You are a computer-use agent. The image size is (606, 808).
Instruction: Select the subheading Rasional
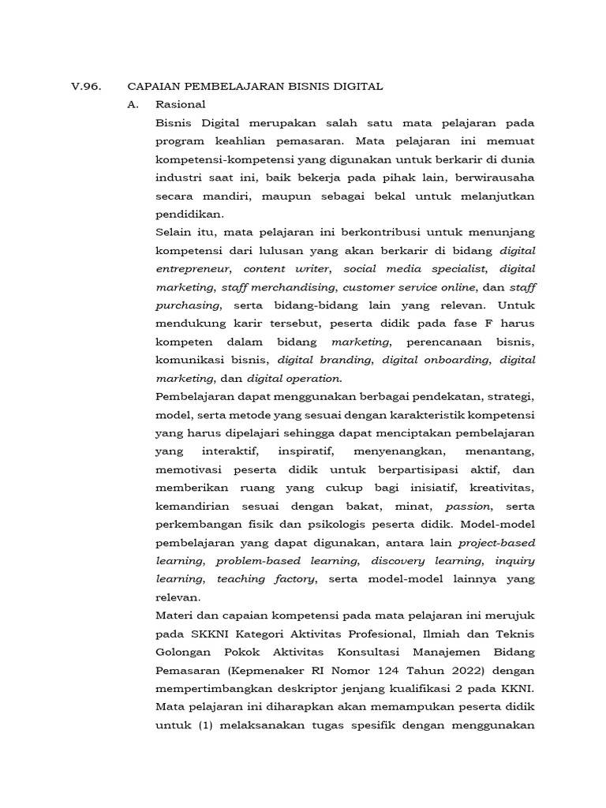point(181,103)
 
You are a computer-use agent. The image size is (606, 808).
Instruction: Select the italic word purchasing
point(188,305)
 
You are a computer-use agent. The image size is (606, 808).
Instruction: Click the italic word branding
point(347,360)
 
